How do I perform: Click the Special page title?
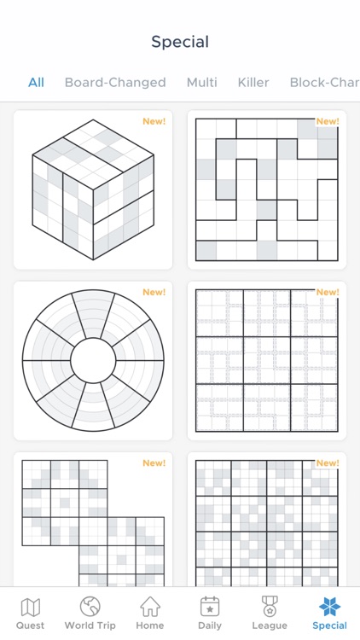click(180, 42)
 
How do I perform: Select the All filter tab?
click(36, 83)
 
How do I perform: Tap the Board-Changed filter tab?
click(115, 83)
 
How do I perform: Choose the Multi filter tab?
click(201, 83)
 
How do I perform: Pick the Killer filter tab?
click(253, 83)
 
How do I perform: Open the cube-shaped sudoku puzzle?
click(93, 189)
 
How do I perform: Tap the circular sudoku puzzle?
click(93, 360)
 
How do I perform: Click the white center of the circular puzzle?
click(93, 360)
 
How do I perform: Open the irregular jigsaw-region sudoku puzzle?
click(266, 189)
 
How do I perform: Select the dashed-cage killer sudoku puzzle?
click(266, 360)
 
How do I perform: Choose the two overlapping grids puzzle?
click(93, 523)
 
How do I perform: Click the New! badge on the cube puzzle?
click(154, 121)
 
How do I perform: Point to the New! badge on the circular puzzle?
click(154, 292)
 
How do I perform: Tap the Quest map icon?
click(30, 607)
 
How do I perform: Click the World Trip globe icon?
click(90, 606)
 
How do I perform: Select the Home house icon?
click(150, 606)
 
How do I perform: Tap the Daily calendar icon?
click(210, 607)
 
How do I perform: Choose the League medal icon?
click(270, 606)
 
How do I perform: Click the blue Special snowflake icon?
click(329, 607)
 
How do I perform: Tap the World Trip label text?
click(90, 625)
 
